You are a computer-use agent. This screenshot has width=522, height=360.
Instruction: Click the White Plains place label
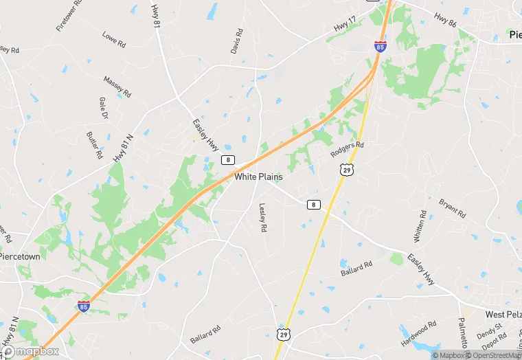(x=258, y=177)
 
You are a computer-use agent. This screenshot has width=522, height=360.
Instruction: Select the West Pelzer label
(x=503, y=314)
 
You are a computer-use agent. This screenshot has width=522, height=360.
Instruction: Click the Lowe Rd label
(x=113, y=40)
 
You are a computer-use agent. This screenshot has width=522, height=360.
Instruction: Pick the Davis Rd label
(x=237, y=41)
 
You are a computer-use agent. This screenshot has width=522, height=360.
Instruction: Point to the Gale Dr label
(x=104, y=106)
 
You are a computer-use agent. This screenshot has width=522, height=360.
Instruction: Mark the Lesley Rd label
(x=262, y=217)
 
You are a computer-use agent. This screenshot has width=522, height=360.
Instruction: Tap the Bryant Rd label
(x=452, y=208)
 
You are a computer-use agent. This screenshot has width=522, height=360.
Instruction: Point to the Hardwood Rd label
(x=419, y=333)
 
